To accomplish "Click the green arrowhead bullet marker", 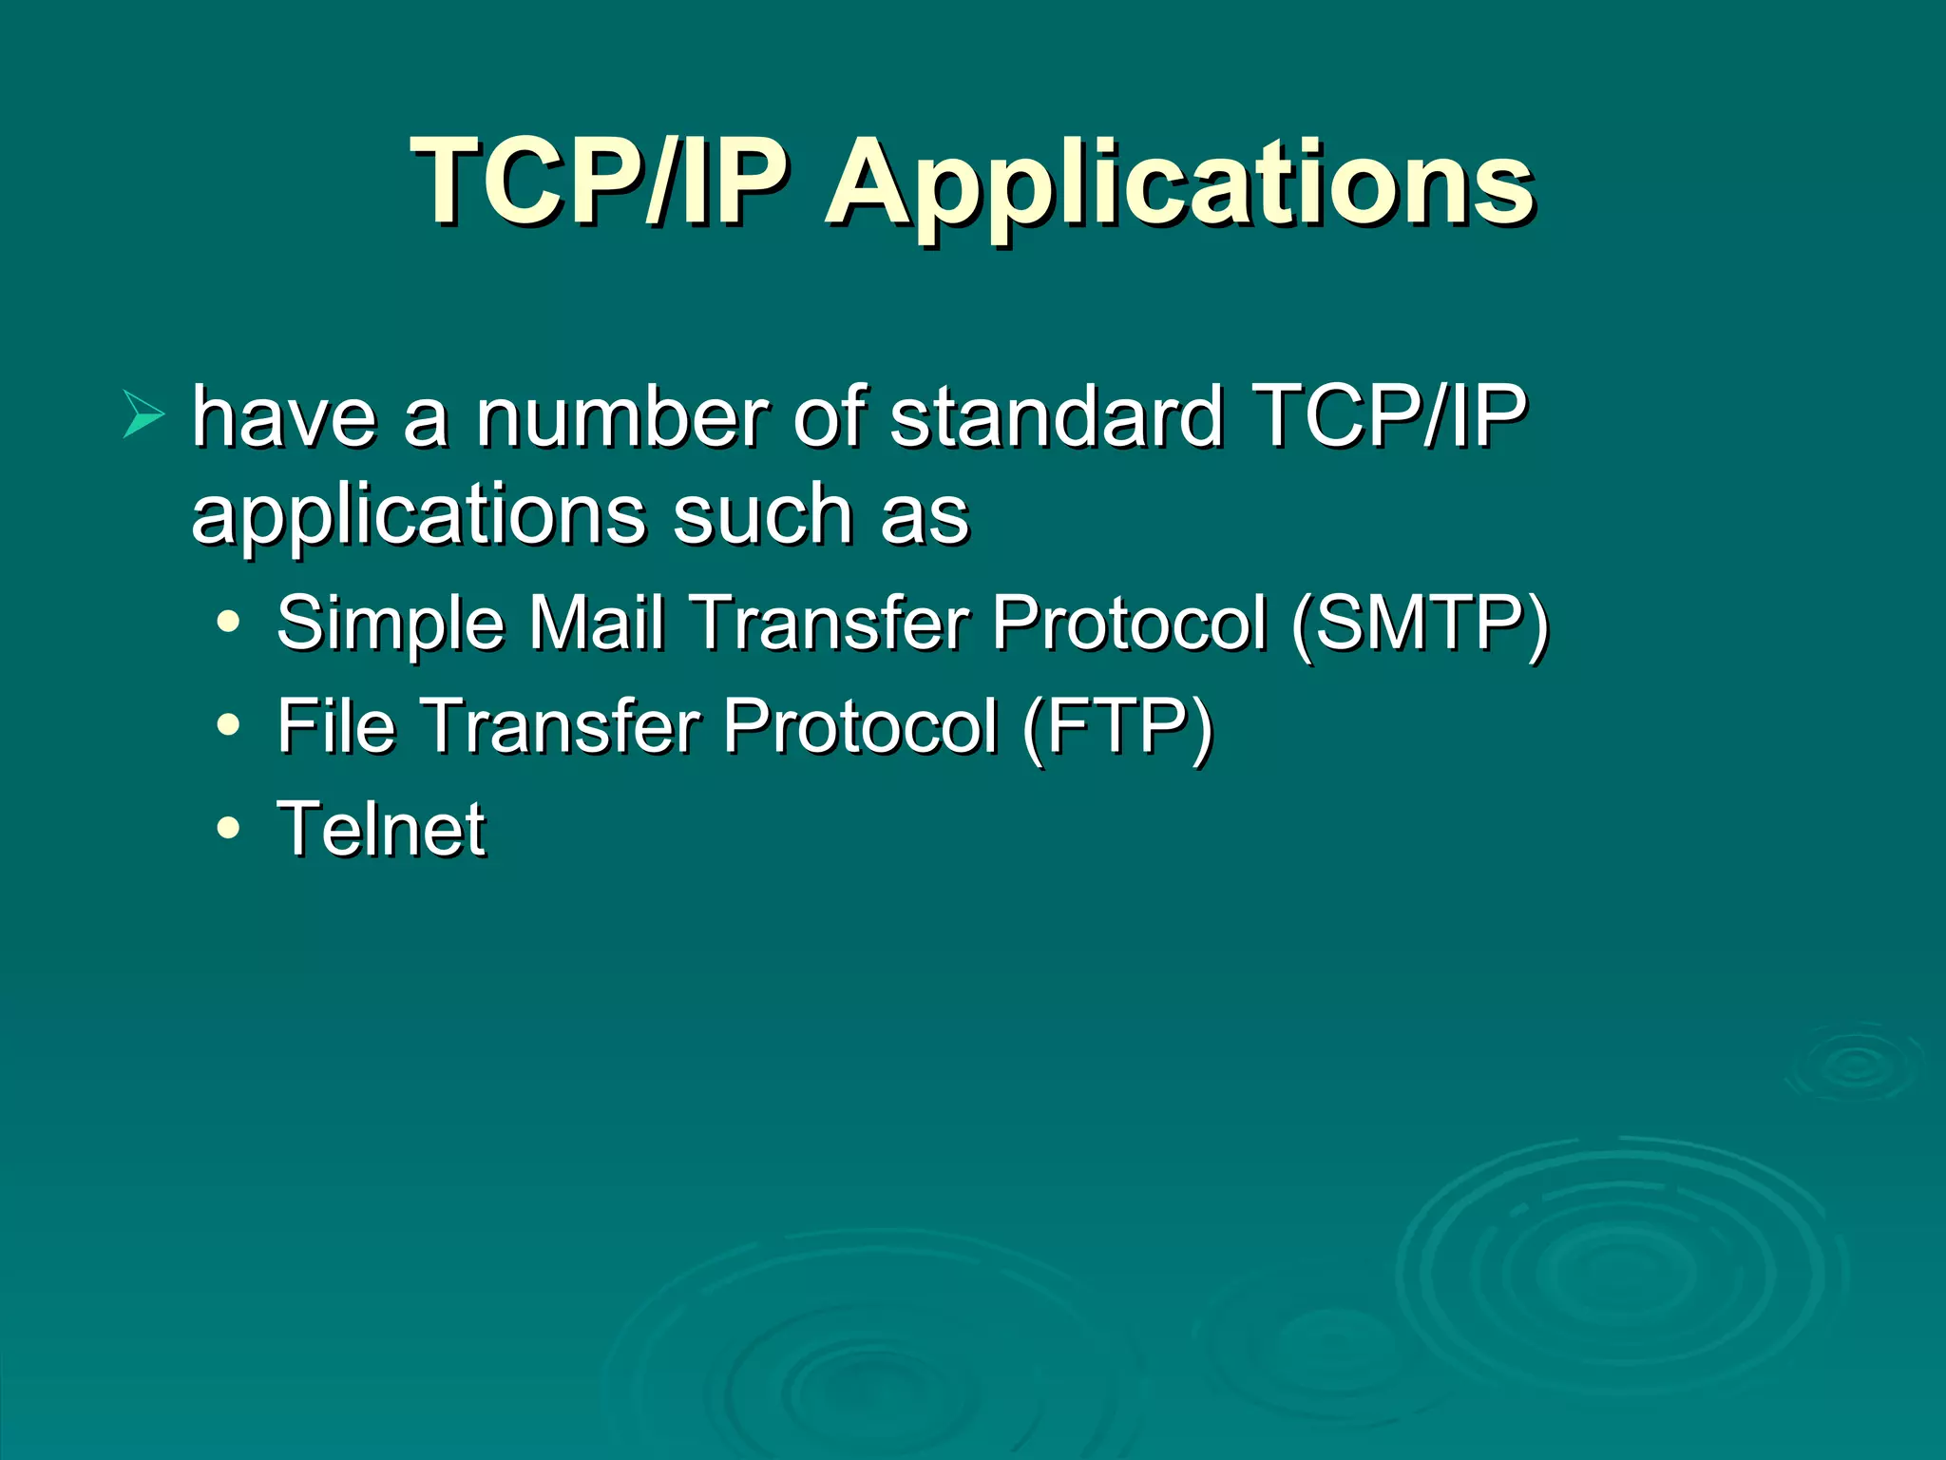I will click(143, 414).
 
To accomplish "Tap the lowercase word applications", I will click(418, 518).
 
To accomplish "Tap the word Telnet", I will click(381, 829).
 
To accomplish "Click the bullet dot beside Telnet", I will click(228, 828).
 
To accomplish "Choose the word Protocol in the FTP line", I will click(860, 726).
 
